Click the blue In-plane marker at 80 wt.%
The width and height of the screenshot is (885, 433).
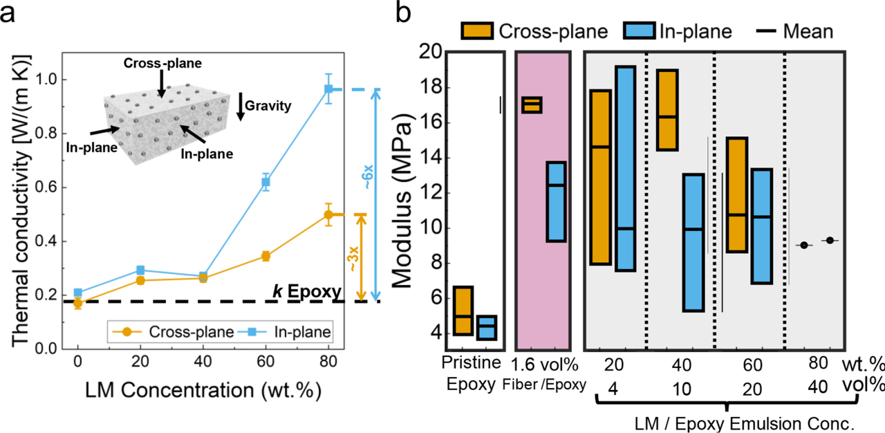[329, 89]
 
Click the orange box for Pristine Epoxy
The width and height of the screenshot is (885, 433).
[463, 311]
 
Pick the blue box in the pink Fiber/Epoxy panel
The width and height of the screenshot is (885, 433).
[556, 201]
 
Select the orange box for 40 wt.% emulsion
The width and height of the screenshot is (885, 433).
[667, 110]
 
